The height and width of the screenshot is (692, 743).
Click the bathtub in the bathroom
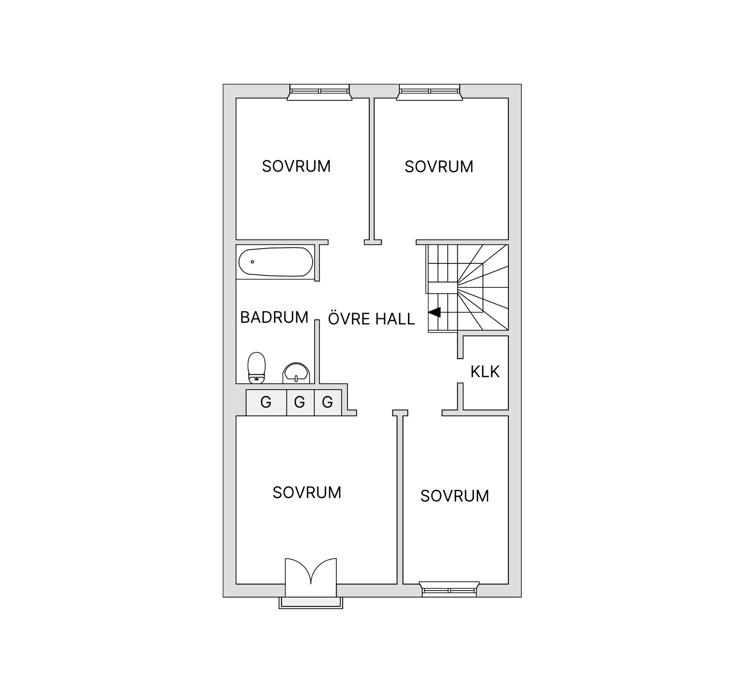(276, 262)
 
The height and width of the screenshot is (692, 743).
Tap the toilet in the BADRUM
(257, 368)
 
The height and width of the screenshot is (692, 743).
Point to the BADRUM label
(274, 318)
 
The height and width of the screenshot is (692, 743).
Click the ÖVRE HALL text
(371, 318)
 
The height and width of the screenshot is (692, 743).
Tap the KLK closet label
(485, 372)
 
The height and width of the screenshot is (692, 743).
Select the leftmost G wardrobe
(266, 403)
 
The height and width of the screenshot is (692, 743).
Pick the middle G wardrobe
(300, 403)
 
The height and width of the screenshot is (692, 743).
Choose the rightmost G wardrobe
(328, 403)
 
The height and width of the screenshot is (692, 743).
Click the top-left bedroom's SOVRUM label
(296, 167)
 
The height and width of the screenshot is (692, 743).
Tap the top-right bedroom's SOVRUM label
(439, 167)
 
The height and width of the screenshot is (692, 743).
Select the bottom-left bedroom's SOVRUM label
(307, 493)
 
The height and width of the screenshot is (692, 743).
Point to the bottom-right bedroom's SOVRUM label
(455, 496)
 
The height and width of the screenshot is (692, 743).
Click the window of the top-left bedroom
(320, 92)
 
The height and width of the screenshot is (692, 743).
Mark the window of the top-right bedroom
(430, 92)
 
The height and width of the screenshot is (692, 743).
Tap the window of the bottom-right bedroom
(449, 589)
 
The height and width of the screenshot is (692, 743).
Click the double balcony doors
(311, 577)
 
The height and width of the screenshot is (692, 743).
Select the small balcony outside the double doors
(311, 603)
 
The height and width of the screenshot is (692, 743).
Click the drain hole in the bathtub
(252, 262)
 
